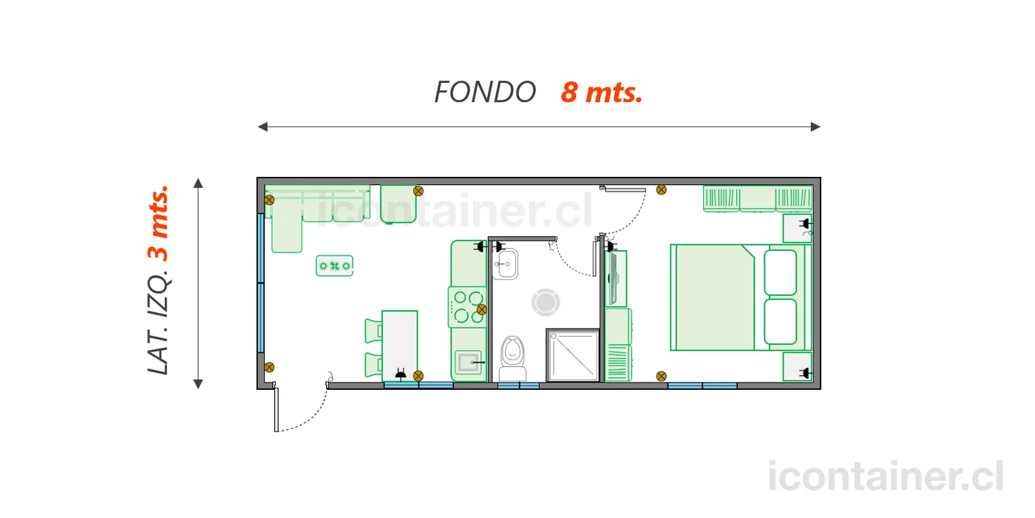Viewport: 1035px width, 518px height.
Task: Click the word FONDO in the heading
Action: click(x=485, y=92)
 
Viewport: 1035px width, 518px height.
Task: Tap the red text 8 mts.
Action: click(x=602, y=92)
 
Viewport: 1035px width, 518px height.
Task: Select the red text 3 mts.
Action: click(x=158, y=223)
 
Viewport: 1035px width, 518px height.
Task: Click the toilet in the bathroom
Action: click(x=513, y=358)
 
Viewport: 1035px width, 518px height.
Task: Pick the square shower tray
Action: click(x=573, y=355)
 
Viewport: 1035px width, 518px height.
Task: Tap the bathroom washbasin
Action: click(x=505, y=263)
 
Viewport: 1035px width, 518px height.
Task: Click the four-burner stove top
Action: click(x=467, y=307)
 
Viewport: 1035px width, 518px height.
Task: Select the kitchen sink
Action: click(x=468, y=362)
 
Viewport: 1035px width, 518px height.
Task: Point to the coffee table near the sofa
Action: click(x=334, y=266)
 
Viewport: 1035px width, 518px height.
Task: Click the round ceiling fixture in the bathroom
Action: click(x=546, y=303)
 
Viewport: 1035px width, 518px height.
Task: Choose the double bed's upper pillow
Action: click(x=781, y=272)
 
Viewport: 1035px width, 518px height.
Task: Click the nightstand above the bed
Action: click(x=798, y=228)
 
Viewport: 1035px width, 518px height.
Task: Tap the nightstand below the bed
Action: click(x=798, y=367)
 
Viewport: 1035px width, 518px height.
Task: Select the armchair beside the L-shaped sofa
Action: click(x=398, y=204)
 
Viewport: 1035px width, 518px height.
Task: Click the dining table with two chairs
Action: click(x=400, y=346)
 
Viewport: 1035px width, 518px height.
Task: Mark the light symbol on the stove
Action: click(x=482, y=309)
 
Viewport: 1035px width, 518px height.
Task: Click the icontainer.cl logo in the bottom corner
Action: click(x=886, y=477)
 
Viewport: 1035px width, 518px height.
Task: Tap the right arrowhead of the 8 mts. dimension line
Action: click(x=815, y=127)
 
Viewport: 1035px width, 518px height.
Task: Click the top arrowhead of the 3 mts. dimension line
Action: click(x=198, y=184)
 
